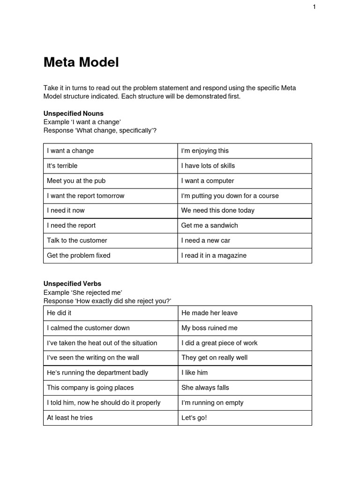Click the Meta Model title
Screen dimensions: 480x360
[81, 62]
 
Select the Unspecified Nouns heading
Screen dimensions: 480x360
[74, 113]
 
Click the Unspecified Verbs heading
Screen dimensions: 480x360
[72, 284]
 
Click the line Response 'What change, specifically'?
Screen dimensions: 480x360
[100, 130]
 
